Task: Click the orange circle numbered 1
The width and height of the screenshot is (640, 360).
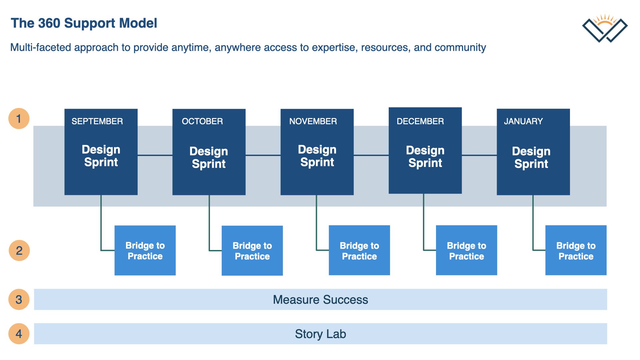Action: (x=19, y=118)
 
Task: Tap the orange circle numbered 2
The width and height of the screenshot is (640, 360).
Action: (x=19, y=250)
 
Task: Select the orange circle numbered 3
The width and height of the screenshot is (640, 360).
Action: (x=19, y=299)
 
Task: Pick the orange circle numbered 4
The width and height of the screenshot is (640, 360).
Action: (x=19, y=334)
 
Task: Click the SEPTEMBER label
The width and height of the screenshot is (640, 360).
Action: (x=97, y=121)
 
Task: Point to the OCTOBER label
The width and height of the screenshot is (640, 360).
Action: (x=202, y=121)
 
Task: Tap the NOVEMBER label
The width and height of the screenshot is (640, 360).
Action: (x=313, y=121)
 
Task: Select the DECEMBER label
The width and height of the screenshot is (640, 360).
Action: (x=420, y=121)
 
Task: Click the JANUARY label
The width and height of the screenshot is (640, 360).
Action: (x=523, y=121)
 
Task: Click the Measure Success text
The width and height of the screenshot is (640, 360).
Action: (x=320, y=300)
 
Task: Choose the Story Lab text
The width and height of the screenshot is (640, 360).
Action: (x=320, y=334)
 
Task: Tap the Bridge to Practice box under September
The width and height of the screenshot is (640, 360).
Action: (x=145, y=250)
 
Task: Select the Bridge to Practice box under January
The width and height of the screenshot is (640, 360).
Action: (x=576, y=250)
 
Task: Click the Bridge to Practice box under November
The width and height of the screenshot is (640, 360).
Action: (x=359, y=250)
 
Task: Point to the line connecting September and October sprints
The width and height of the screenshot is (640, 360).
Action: (x=155, y=155)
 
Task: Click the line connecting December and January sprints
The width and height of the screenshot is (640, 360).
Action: (x=479, y=155)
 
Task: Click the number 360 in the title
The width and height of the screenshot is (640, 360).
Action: (x=49, y=23)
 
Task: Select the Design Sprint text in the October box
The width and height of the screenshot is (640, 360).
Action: (x=209, y=157)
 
